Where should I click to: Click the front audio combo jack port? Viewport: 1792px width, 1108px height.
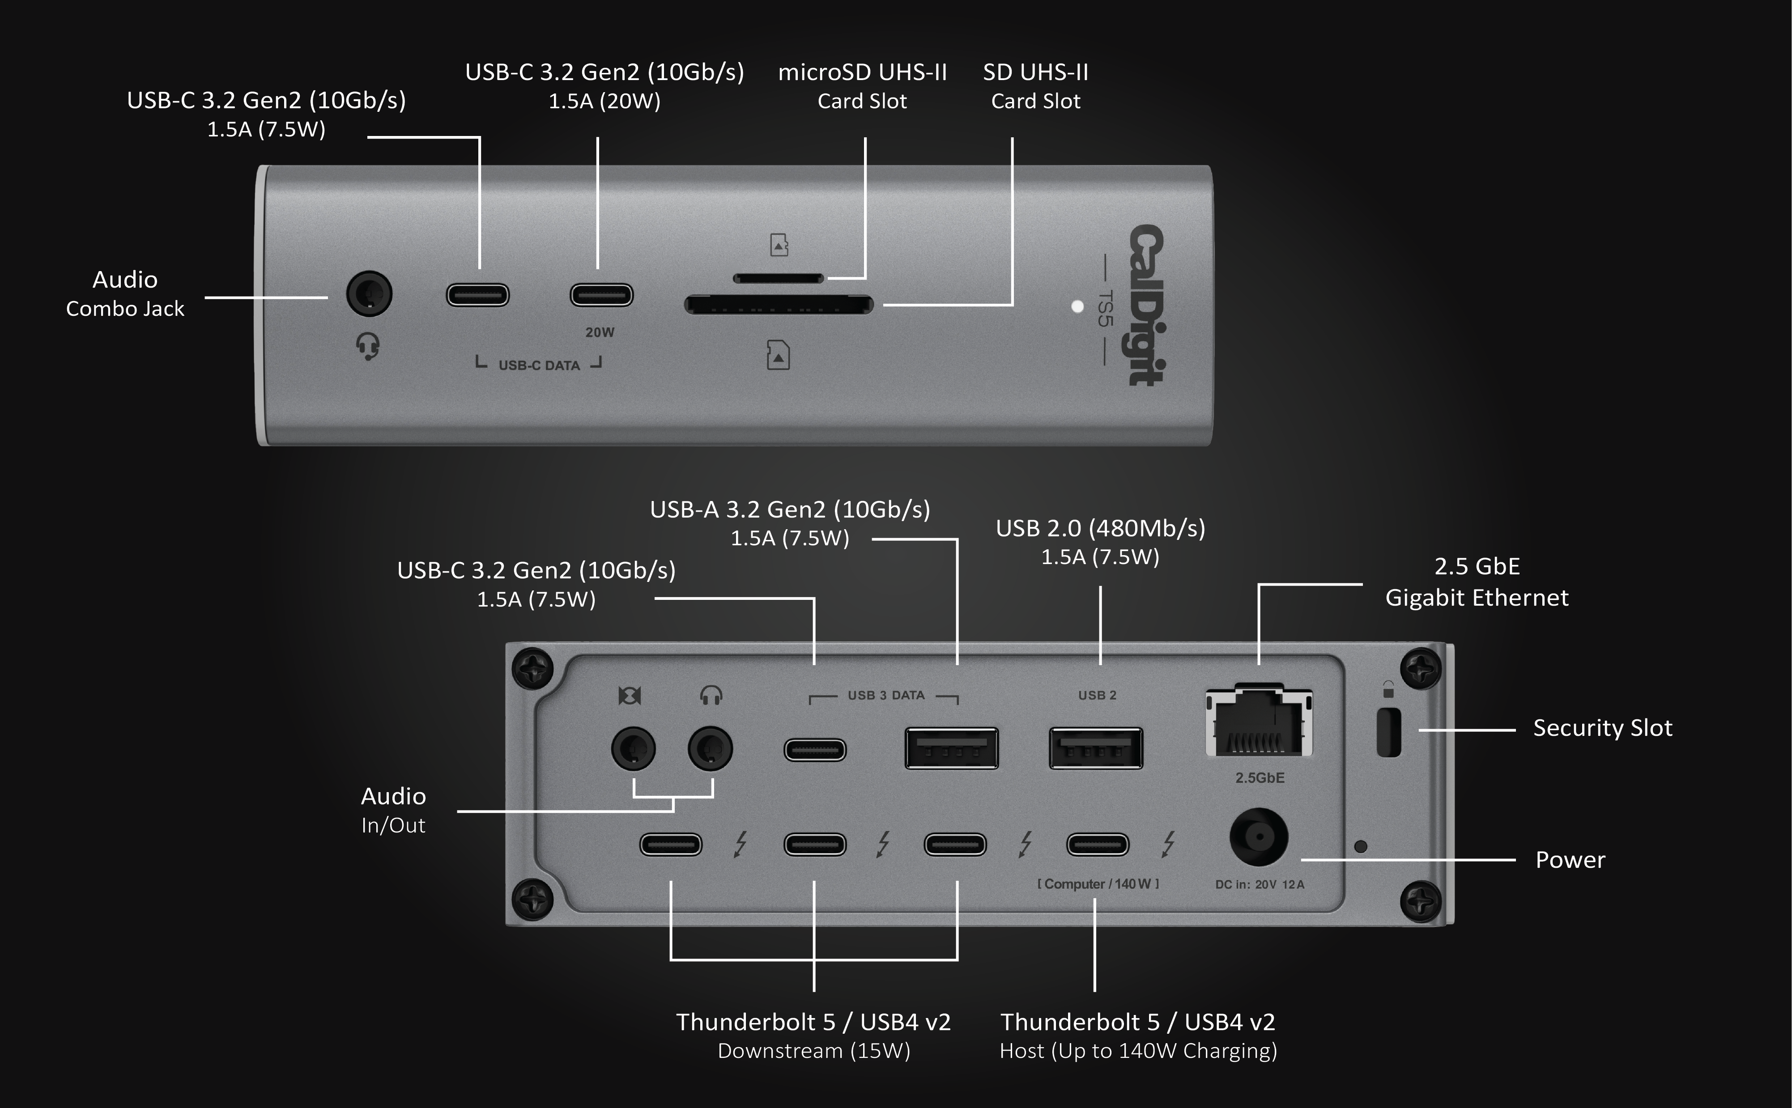click(369, 294)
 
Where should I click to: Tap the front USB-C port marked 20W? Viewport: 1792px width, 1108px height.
click(601, 295)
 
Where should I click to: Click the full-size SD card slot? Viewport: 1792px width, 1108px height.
click(779, 305)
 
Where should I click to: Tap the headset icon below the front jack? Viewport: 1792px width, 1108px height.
click(368, 346)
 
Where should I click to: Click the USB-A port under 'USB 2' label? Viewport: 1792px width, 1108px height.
click(1096, 748)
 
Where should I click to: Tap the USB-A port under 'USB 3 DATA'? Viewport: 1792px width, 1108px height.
click(951, 748)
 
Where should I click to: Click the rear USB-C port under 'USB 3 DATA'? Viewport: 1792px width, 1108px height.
click(815, 750)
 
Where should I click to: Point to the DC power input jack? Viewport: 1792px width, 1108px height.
click(1259, 837)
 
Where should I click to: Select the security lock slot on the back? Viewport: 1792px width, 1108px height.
click(1388, 733)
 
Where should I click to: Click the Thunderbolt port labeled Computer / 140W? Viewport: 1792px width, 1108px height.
click(1097, 844)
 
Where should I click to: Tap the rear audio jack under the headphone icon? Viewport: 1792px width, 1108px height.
click(710, 748)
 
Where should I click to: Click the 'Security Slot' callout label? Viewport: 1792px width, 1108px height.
click(1602, 728)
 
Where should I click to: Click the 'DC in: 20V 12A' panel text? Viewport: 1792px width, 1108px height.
click(1259, 884)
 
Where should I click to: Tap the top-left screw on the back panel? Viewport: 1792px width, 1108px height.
click(532, 668)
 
